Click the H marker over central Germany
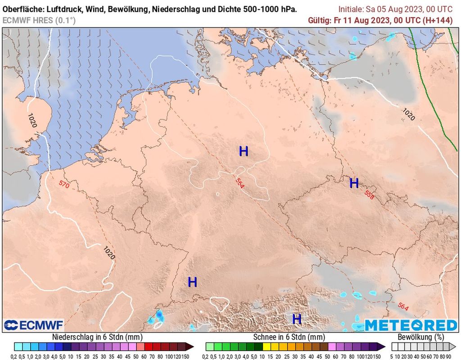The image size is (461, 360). coord(244,151)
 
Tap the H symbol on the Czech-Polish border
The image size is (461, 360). coord(354,183)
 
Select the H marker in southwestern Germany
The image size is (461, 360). coord(193,283)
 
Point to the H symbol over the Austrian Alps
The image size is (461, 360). coord(297,319)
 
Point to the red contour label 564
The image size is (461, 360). coord(403,307)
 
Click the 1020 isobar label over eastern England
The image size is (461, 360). coord(32,121)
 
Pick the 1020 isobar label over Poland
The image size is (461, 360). coord(408,114)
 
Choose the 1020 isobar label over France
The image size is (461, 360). coord(109,253)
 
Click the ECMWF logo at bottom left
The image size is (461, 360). coord(34,325)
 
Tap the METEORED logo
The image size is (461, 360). coord(411,325)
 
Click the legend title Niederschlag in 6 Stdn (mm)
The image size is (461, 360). coord(97,337)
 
